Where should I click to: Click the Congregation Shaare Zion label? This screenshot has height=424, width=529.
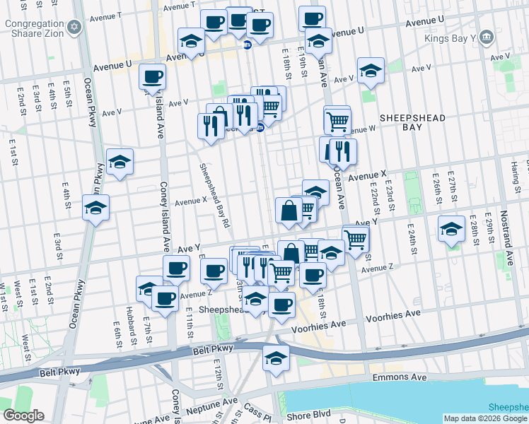point(35,29)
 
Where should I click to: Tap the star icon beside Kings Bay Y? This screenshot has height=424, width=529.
point(485,37)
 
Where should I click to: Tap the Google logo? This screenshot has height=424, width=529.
point(23,416)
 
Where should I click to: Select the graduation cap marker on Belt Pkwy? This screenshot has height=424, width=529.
point(276,358)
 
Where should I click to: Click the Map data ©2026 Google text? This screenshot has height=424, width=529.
point(484,418)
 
